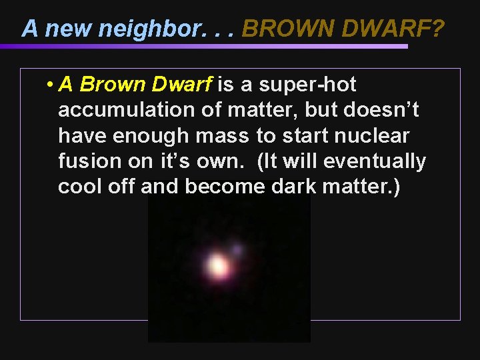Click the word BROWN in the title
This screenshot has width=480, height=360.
279,29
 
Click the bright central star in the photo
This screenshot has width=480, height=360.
217,267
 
